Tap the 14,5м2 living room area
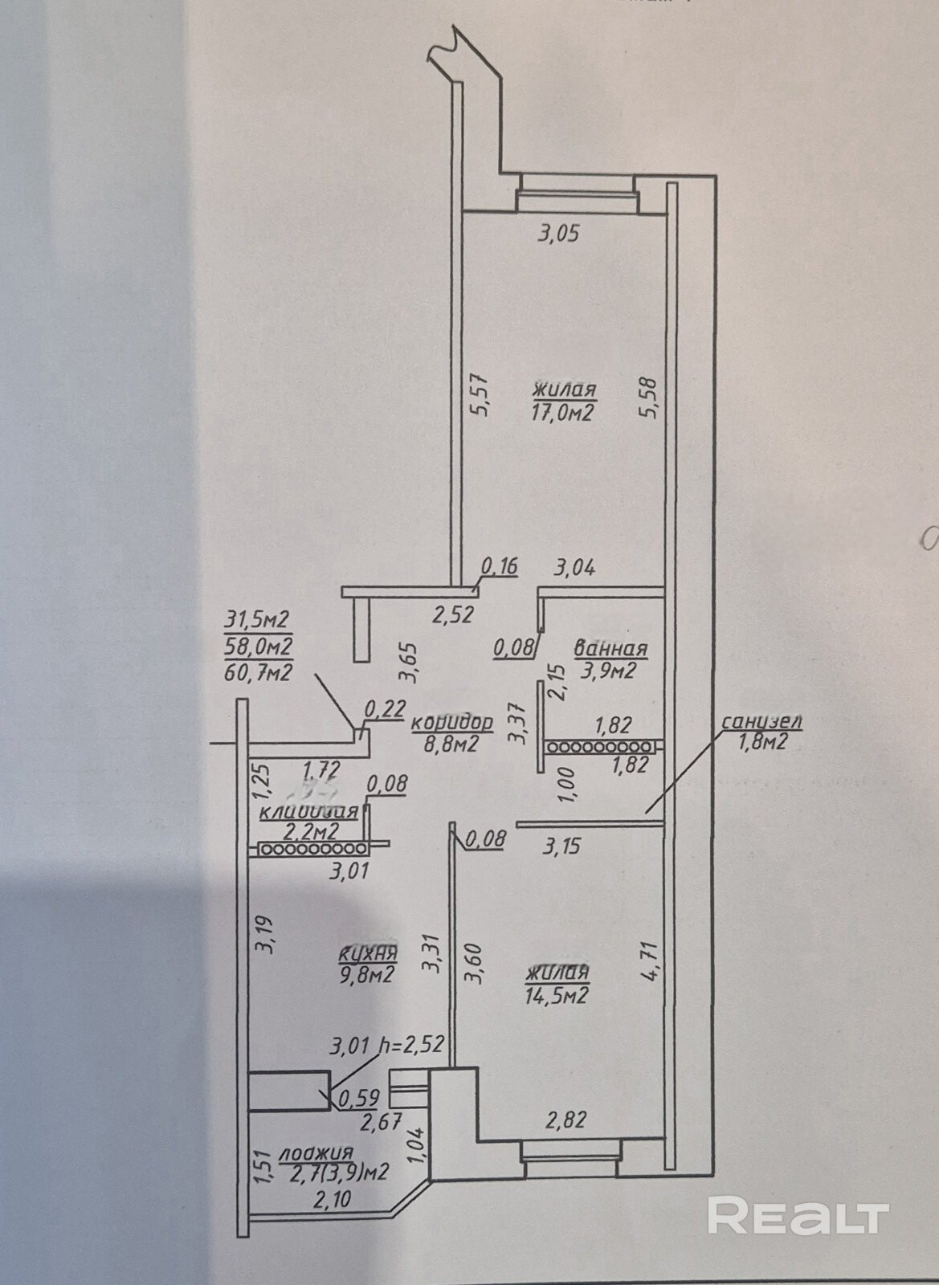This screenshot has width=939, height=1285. [x=558, y=996]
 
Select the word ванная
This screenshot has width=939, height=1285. [x=611, y=649]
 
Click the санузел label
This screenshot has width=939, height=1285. [x=761, y=721]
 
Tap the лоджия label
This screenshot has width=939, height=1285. [x=316, y=1153]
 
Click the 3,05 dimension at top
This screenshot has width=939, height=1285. [x=557, y=235]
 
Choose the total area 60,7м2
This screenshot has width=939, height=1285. [x=259, y=671]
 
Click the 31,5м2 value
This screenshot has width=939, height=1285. [x=259, y=620]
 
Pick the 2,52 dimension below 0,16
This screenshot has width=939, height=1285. [x=454, y=615]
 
